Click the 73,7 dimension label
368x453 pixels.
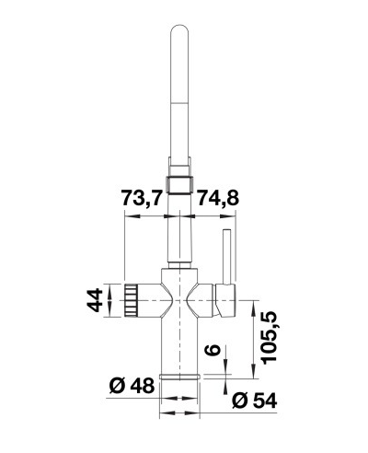pyautogui.click(x=141, y=198)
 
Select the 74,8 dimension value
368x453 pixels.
pyautogui.click(x=217, y=198)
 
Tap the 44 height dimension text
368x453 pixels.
pyautogui.click(x=95, y=300)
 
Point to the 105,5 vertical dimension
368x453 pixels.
pyautogui.click(x=270, y=337)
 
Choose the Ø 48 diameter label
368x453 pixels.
pyautogui.click(x=132, y=386)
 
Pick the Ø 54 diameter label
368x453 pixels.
pyautogui.click(x=255, y=401)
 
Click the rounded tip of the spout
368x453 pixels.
pyautogui.click(x=179, y=29)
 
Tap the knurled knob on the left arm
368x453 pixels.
pyautogui.click(x=131, y=300)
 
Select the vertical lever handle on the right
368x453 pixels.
pyautogui.click(x=227, y=256)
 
